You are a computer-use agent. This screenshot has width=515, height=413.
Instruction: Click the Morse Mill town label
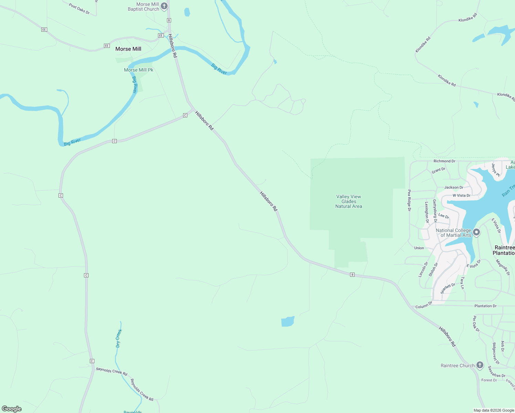(128, 49)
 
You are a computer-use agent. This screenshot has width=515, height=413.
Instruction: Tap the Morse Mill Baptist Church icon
(165, 6)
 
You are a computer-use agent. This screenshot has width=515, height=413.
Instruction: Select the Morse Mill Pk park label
(138, 70)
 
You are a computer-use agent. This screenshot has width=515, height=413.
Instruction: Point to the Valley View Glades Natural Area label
(349, 201)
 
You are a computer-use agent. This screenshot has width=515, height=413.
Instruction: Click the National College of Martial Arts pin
(476, 232)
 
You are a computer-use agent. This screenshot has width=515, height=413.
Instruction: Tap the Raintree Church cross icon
(480, 365)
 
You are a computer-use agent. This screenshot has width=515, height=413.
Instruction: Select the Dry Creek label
(118, 338)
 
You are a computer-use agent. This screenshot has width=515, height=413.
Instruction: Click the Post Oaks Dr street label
(79, 9)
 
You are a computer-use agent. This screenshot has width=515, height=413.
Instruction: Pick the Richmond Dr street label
(444, 161)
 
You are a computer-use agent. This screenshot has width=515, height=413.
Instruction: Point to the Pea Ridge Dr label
(409, 200)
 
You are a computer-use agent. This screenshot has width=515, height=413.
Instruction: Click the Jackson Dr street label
(453, 188)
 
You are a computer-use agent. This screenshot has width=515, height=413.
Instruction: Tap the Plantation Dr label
(485, 306)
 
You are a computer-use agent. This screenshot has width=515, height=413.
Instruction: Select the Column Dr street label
(424, 305)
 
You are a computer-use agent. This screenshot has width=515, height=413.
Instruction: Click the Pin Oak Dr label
(476, 324)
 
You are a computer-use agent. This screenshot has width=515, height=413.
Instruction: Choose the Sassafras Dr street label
(496, 372)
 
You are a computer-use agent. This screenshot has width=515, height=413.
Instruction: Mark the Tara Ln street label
(462, 283)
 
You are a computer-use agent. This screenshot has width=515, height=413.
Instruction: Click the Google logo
(12, 409)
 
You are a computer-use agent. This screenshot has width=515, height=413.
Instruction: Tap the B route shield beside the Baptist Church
(169, 20)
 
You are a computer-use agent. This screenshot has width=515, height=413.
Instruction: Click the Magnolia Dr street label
(503, 267)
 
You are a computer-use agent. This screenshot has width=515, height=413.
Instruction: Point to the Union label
(419, 248)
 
